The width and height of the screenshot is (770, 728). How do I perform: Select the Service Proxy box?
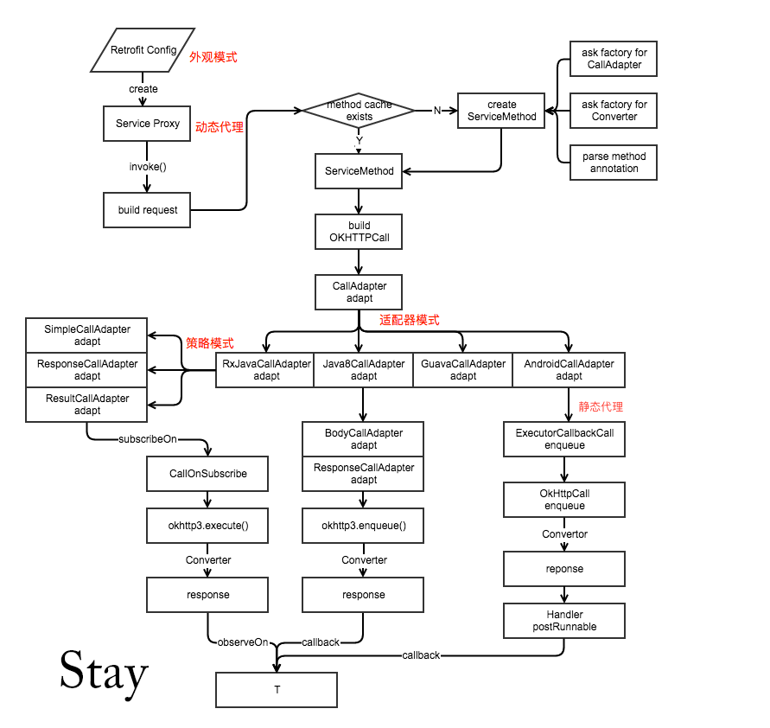tap(147, 124)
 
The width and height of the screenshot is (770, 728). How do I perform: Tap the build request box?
tap(147, 210)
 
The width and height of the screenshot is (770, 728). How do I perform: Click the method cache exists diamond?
tap(359, 111)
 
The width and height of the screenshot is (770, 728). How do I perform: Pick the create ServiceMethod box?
tap(500, 111)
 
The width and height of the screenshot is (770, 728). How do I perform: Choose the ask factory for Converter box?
tap(614, 111)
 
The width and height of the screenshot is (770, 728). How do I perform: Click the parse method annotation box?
tap(614, 163)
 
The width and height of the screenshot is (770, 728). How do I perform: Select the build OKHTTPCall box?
tap(360, 232)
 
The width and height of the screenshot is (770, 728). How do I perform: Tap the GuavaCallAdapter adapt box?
tap(462, 370)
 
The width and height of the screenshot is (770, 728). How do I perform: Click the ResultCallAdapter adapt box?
tap(87, 405)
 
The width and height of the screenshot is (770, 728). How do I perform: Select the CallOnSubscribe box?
tap(207, 474)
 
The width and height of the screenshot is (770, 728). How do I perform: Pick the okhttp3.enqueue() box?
tap(363, 526)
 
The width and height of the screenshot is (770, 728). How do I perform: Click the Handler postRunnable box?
tap(564, 621)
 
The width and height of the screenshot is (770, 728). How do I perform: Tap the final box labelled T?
tap(277, 690)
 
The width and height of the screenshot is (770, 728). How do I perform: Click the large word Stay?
tap(104, 672)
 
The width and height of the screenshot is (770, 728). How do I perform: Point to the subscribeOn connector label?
tap(147, 439)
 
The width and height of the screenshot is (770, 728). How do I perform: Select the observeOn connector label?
tap(242, 642)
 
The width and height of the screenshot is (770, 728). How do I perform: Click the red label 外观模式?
tap(213, 57)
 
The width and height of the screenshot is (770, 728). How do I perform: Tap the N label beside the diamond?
tap(436, 111)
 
